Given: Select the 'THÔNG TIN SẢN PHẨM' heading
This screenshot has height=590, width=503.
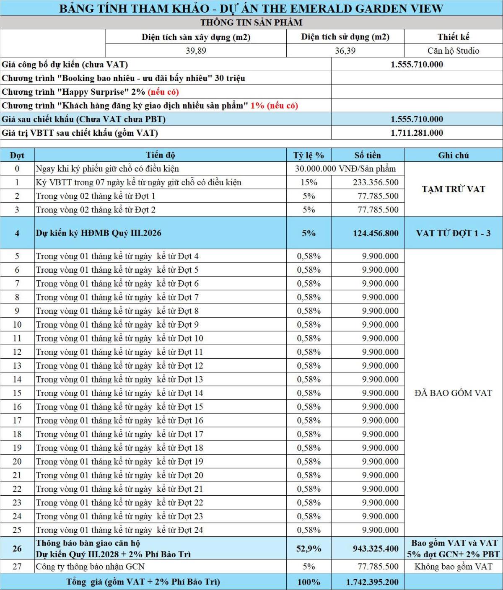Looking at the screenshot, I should (x=251, y=23).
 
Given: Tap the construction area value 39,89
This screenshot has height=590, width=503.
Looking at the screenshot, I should (x=196, y=51).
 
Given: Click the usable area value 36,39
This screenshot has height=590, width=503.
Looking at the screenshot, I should (x=345, y=51).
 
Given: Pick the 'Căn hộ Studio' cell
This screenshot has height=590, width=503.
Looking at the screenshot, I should (x=453, y=51).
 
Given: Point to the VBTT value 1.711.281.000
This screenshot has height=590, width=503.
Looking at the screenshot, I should (x=417, y=133).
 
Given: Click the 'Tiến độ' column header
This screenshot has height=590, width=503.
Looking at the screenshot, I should (x=160, y=155).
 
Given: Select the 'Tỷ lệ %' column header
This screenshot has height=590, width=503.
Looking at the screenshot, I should (x=309, y=155).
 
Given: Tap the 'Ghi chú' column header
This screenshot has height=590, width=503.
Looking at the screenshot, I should (x=453, y=155).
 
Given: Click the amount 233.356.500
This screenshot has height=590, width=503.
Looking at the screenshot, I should (x=376, y=182).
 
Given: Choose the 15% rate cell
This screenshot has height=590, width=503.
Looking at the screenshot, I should (x=309, y=182).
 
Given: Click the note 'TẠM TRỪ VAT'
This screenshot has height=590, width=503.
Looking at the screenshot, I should (x=453, y=189).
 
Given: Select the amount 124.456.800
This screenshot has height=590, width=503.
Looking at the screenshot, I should (x=376, y=233).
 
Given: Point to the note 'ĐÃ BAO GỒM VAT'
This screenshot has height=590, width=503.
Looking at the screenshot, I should (x=453, y=393).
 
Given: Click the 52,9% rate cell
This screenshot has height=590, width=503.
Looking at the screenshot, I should (x=309, y=549).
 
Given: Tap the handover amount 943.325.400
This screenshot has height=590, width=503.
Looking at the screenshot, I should (x=376, y=549).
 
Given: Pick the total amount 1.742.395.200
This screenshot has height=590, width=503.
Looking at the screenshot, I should (x=372, y=582).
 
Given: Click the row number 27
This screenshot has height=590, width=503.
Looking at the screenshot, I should (x=17, y=567).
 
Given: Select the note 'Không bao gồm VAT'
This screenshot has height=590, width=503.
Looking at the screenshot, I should (x=453, y=567).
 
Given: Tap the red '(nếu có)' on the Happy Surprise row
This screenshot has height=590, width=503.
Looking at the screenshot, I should (x=163, y=92).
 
